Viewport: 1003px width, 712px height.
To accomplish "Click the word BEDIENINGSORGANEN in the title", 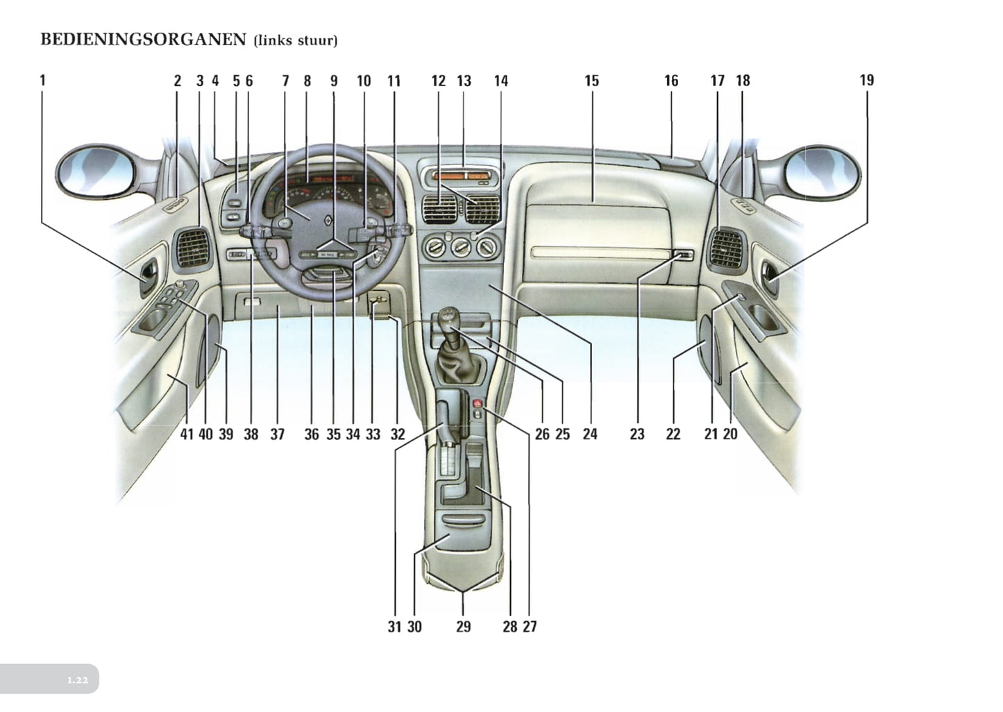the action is pos(143,40).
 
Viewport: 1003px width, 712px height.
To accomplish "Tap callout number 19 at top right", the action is pos(866,80).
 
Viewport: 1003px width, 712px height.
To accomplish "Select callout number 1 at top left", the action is pos(42,80).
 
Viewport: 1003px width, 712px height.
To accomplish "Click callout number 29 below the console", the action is pos(464,626).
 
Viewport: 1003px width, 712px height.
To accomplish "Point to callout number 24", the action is pos(590,434).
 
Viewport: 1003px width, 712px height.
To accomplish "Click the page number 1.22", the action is pos(78,680).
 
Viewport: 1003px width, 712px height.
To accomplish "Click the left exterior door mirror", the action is pos(96,169).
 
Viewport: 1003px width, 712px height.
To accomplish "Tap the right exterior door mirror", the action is pos(823,171).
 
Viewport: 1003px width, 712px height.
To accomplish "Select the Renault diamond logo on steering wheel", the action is pos(328,220).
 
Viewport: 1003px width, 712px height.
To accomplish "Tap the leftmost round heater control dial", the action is pos(435,248).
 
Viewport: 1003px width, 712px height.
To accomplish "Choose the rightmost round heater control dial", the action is pos(488,248).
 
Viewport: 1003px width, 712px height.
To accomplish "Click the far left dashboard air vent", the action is pos(193,248).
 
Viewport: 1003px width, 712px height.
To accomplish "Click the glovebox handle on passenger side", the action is pos(683,255).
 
